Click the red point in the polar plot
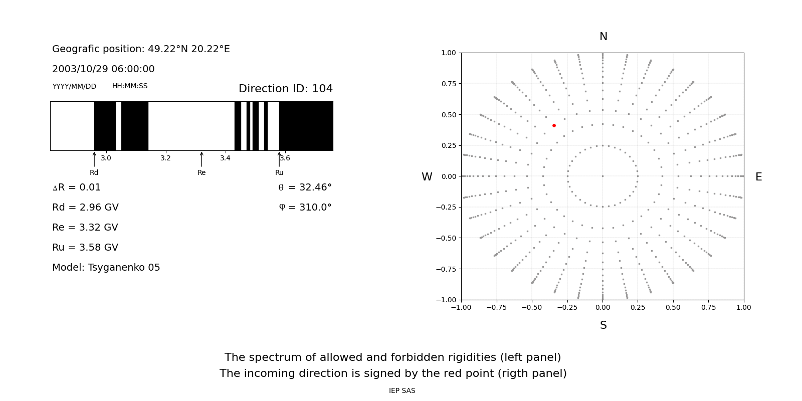(x=554, y=125)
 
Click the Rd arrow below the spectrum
(x=94, y=159)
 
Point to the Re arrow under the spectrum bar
(x=202, y=159)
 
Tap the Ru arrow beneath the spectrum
(x=279, y=159)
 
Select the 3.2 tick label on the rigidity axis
(x=165, y=158)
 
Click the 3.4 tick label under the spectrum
(x=225, y=158)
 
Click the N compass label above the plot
(x=603, y=37)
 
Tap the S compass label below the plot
(x=603, y=325)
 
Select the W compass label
(x=427, y=177)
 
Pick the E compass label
(x=758, y=177)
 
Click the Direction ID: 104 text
(x=285, y=89)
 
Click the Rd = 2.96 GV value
(x=85, y=208)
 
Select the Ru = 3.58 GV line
(x=85, y=248)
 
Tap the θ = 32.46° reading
(x=305, y=187)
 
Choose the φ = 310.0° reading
(x=305, y=208)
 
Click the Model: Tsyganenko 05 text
(x=106, y=268)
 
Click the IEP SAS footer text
(x=402, y=391)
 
